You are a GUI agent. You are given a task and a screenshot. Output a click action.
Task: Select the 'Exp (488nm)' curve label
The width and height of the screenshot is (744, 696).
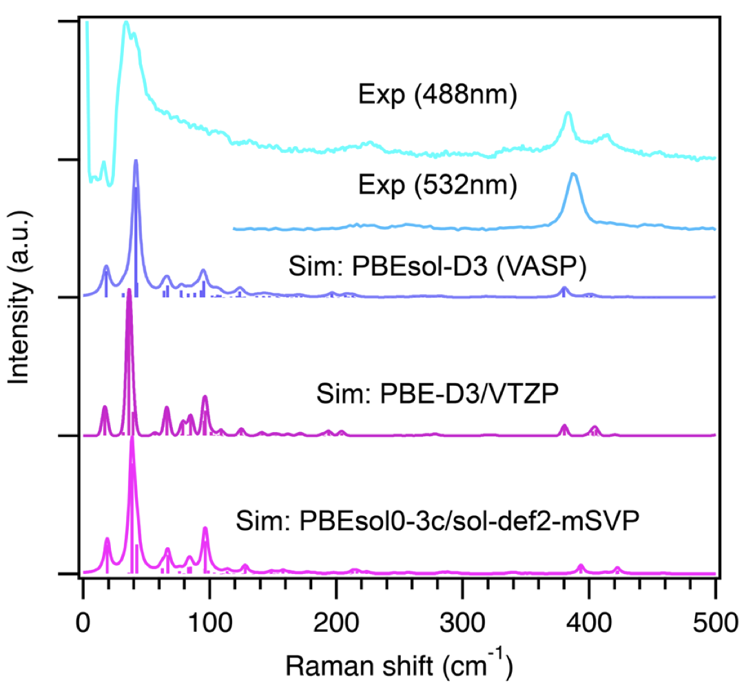pyautogui.click(x=437, y=96)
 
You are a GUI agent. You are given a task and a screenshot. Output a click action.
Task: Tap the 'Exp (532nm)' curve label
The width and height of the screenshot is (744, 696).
pyautogui.click(x=437, y=185)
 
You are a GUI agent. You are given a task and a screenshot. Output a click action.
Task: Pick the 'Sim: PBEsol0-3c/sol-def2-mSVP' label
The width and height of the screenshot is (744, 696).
pyautogui.click(x=437, y=518)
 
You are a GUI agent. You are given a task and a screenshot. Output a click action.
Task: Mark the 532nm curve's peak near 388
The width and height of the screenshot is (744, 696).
pyautogui.click(x=573, y=174)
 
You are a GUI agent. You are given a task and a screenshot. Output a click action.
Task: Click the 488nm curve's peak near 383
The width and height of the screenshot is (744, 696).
pyautogui.click(x=568, y=113)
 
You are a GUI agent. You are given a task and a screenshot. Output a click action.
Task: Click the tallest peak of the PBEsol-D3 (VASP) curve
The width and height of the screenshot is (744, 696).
pyautogui.click(x=136, y=161)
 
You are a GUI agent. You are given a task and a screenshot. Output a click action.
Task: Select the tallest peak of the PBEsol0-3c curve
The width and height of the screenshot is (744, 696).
pyautogui.click(x=132, y=439)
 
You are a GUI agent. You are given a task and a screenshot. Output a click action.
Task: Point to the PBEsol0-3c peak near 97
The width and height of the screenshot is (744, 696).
pyautogui.click(x=205, y=529)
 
